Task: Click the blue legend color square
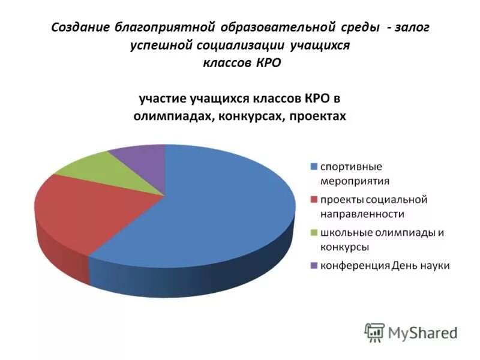click(x=313, y=166)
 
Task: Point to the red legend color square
click(x=313, y=199)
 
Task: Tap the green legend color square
click(x=313, y=232)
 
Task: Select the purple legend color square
click(x=313, y=265)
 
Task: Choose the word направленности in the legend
click(x=362, y=214)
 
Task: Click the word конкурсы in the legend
click(x=344, y=247)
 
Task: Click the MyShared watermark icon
click(x=374, y=332)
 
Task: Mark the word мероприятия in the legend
click(x=354, y=181)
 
